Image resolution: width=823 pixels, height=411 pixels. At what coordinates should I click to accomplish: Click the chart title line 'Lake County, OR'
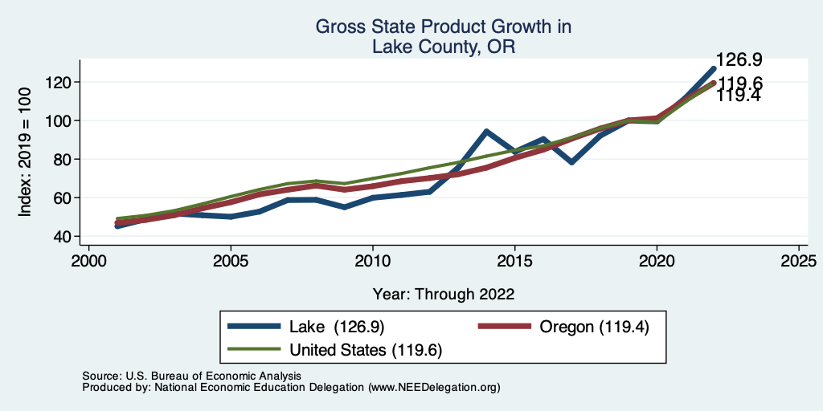443,47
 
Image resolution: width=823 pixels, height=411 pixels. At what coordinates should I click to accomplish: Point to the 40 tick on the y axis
65,236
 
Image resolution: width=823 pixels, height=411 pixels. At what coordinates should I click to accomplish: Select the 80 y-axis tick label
65,159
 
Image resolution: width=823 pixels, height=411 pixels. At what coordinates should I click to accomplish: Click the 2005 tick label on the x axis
231,262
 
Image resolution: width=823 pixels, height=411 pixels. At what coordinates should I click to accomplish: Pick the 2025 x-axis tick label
799,262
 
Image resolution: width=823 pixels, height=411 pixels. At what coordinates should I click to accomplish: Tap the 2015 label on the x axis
514,262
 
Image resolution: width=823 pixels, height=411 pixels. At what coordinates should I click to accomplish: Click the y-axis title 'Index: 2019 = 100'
25,153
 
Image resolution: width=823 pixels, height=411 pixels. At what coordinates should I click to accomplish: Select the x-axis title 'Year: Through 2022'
443,293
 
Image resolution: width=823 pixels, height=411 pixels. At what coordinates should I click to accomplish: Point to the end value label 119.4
739,96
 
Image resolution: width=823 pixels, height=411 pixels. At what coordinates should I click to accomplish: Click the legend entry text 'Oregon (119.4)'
594,327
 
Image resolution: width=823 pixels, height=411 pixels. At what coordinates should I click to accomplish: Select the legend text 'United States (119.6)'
366,349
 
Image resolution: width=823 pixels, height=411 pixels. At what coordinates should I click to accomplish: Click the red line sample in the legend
505,327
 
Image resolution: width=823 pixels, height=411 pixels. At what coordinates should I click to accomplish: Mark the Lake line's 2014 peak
486,131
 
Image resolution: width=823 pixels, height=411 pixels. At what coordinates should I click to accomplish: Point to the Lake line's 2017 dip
571,162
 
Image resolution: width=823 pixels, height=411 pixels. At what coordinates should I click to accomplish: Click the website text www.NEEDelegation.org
434,387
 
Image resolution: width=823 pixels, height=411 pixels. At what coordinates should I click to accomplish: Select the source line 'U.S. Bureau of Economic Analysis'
212,376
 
